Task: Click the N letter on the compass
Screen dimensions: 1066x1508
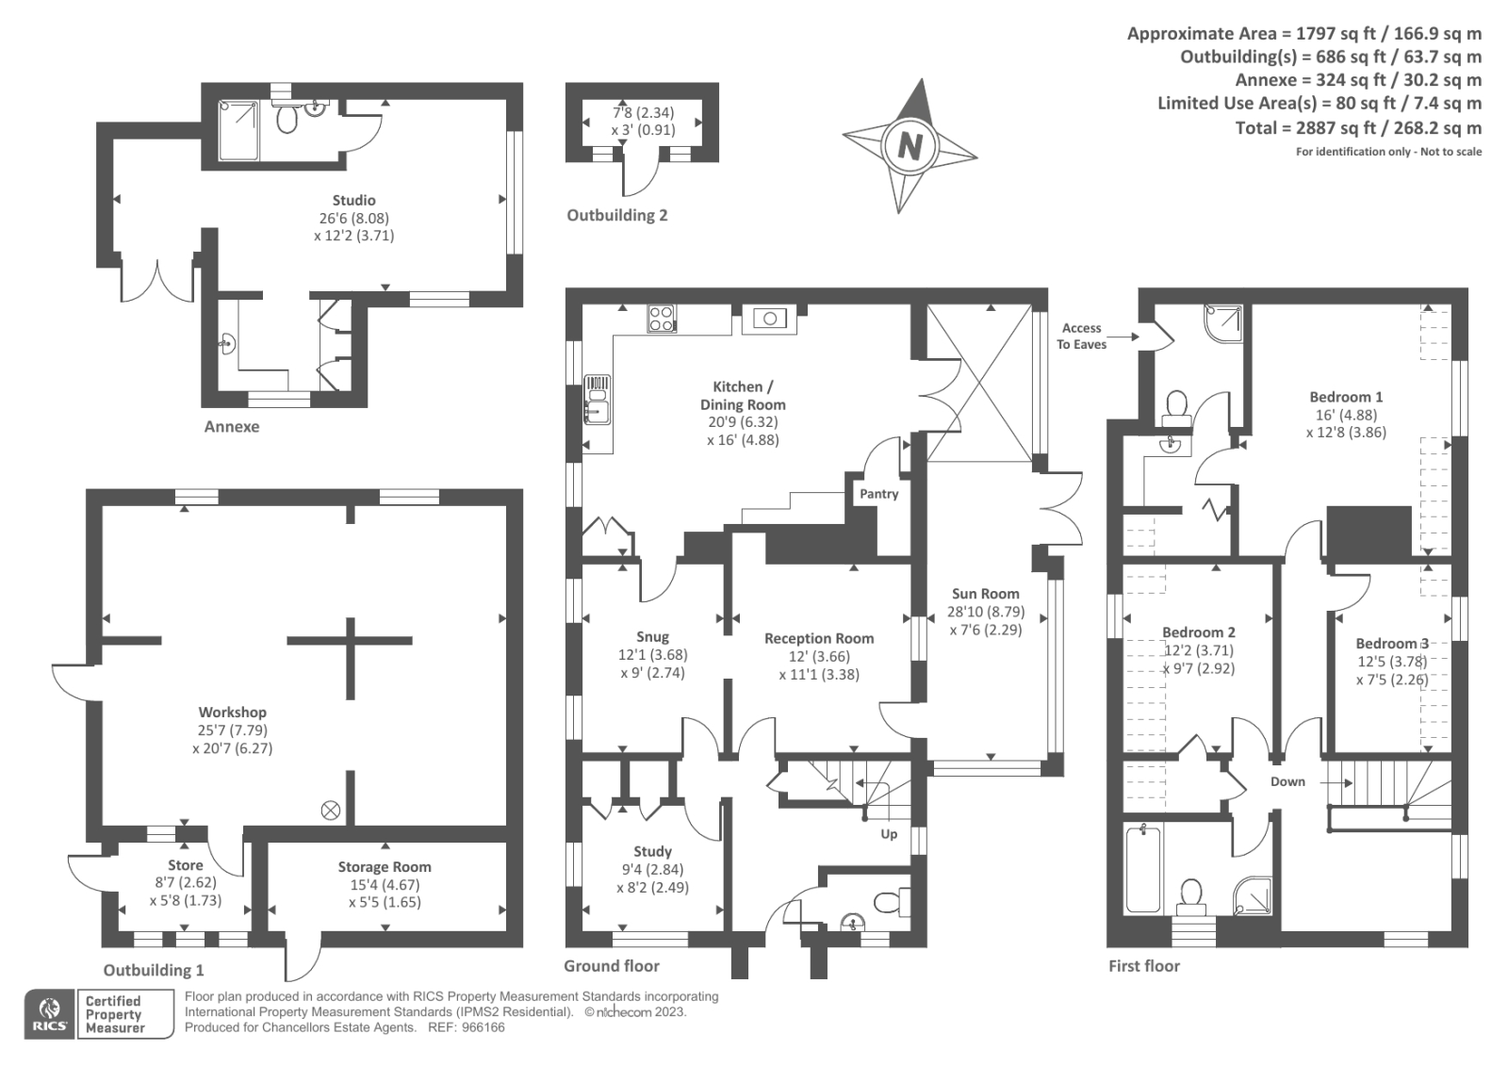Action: click(910, 146)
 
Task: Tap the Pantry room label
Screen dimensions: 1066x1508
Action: click(878, 494)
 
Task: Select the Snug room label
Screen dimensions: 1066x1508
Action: click(652, 637)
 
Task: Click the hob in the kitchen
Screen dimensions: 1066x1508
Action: click(662, 319)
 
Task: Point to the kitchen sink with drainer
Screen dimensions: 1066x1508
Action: click(598, 400)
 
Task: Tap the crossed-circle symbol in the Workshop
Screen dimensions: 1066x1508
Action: click(331, 810)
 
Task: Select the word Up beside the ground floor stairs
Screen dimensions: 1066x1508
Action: click(889, 834)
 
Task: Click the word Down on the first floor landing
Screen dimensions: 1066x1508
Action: click(1287, 781)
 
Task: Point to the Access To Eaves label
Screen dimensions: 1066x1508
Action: click(1081, 336)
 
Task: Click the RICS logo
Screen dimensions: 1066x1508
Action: click(50, 1014)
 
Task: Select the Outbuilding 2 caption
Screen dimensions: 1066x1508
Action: click(616, 215)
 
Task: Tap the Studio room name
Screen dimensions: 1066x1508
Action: click(353, 200)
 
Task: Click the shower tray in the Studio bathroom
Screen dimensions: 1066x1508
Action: click(238, 130)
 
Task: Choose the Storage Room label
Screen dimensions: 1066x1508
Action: click(385, 867)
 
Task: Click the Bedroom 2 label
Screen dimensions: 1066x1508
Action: click(1198, 632)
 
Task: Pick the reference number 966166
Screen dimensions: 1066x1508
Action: click(480, 1027)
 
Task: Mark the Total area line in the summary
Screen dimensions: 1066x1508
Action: click(1358, 127)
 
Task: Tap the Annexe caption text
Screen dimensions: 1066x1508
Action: click(232, 426)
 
